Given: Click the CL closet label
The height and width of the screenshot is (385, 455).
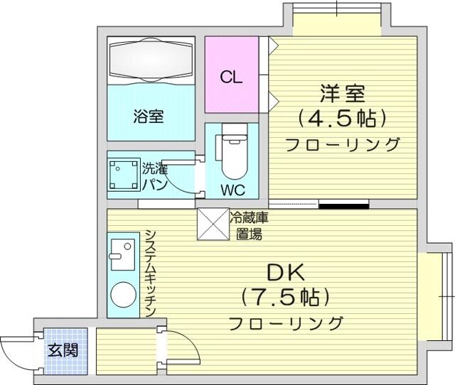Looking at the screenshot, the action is point(231,77).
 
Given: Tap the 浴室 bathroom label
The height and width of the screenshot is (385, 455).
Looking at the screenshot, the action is point(149,116).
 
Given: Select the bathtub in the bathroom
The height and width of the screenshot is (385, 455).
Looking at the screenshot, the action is point(151,60).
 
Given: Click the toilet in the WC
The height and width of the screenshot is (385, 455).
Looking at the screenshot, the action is point(234,151).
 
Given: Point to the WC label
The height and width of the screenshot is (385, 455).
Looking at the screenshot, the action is point(232,190).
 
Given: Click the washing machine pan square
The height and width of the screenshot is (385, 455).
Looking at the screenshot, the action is point(123,174).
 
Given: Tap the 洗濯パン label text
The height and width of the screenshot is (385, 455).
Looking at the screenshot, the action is point(155,177).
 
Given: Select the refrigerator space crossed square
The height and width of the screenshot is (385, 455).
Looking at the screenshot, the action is point(213,224).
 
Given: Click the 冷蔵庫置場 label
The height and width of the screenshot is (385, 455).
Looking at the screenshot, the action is point(249,226).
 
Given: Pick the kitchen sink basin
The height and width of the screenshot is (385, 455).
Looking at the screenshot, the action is point(123,254).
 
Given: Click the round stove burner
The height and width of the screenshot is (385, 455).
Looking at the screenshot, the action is point(123,295).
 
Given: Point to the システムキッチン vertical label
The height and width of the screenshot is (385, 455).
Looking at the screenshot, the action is point(150,273).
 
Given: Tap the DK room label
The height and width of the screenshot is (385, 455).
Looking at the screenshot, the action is point(286,273).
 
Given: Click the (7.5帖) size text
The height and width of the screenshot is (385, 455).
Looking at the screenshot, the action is point(286,297).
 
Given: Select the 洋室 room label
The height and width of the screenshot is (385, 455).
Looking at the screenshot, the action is point(342,93).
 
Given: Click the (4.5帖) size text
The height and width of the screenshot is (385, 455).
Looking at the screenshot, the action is point(342,118).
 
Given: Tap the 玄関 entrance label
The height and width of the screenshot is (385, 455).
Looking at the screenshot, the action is point(63,350).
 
